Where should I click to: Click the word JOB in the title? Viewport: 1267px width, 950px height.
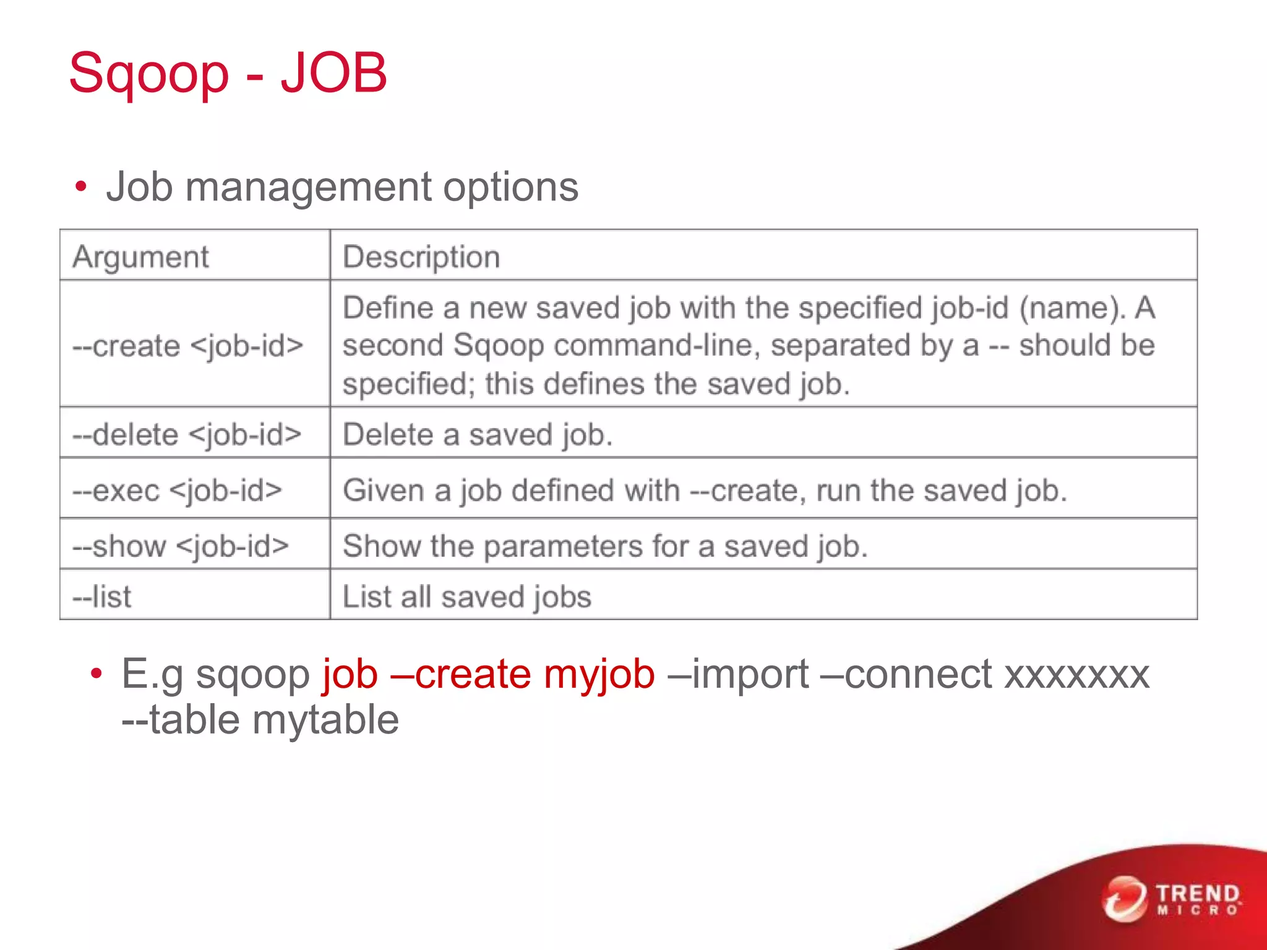(x=333, y=73)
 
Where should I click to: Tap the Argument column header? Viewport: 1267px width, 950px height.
(x=141, y=257)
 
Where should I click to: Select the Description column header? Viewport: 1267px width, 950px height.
(x=421, y=257)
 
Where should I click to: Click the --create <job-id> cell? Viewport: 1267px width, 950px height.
(x=188, y=346)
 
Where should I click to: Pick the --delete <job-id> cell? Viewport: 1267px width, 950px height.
(x=187, y=434)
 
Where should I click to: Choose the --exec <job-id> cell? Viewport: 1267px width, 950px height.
(x=178, y=490)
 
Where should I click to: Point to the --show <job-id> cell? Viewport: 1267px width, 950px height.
(x=181, y=546)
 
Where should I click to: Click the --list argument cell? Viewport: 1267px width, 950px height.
(x=102, y=597)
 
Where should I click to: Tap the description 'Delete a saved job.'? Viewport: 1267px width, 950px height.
(x=478, y=434)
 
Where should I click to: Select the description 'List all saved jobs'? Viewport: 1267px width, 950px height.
(x=467, y=597)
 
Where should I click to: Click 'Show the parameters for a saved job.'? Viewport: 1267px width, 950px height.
(x=605, y=546)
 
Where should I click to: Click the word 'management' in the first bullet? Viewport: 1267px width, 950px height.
(x=308, y=187)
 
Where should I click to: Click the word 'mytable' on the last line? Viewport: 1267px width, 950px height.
(x=325, y=720)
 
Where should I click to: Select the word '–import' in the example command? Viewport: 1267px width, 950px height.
(x=738, y=674)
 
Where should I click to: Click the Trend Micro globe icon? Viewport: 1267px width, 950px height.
(x=1123, y=898)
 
